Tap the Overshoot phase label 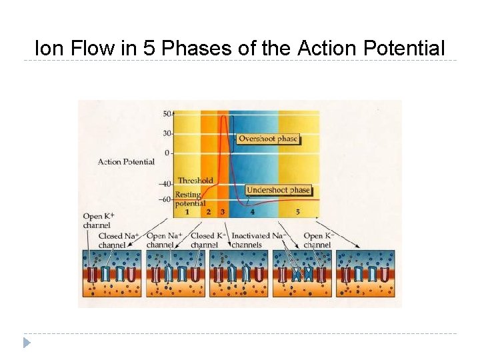tap(269, 139)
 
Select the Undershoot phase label tap(278, 190)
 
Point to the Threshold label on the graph tap(195, 180)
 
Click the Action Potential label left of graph tap(126, 161)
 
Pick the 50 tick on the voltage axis tap(167, 114)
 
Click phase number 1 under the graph tap(187, 212)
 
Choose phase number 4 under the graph tap(252, 212)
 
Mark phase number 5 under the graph tap(297, 212)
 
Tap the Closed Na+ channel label tap(119, 240)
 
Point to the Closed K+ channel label tap(208, 240)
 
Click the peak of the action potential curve tap(223, 117)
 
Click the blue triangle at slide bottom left tap(27, 343)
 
